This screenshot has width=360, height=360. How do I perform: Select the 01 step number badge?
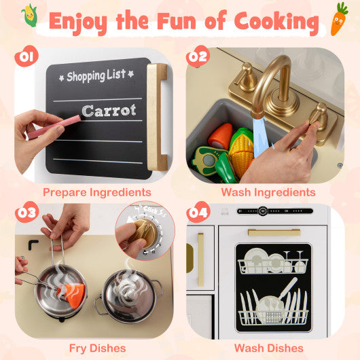[x=26, y=56]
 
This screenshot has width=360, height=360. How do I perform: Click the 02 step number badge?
[x=198, y=56]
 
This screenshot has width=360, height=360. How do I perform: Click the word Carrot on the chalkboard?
[x=109, y=110]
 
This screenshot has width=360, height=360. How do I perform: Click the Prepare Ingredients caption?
[x=97, y=192]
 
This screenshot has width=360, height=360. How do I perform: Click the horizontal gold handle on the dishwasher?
[x=274, y=233]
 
